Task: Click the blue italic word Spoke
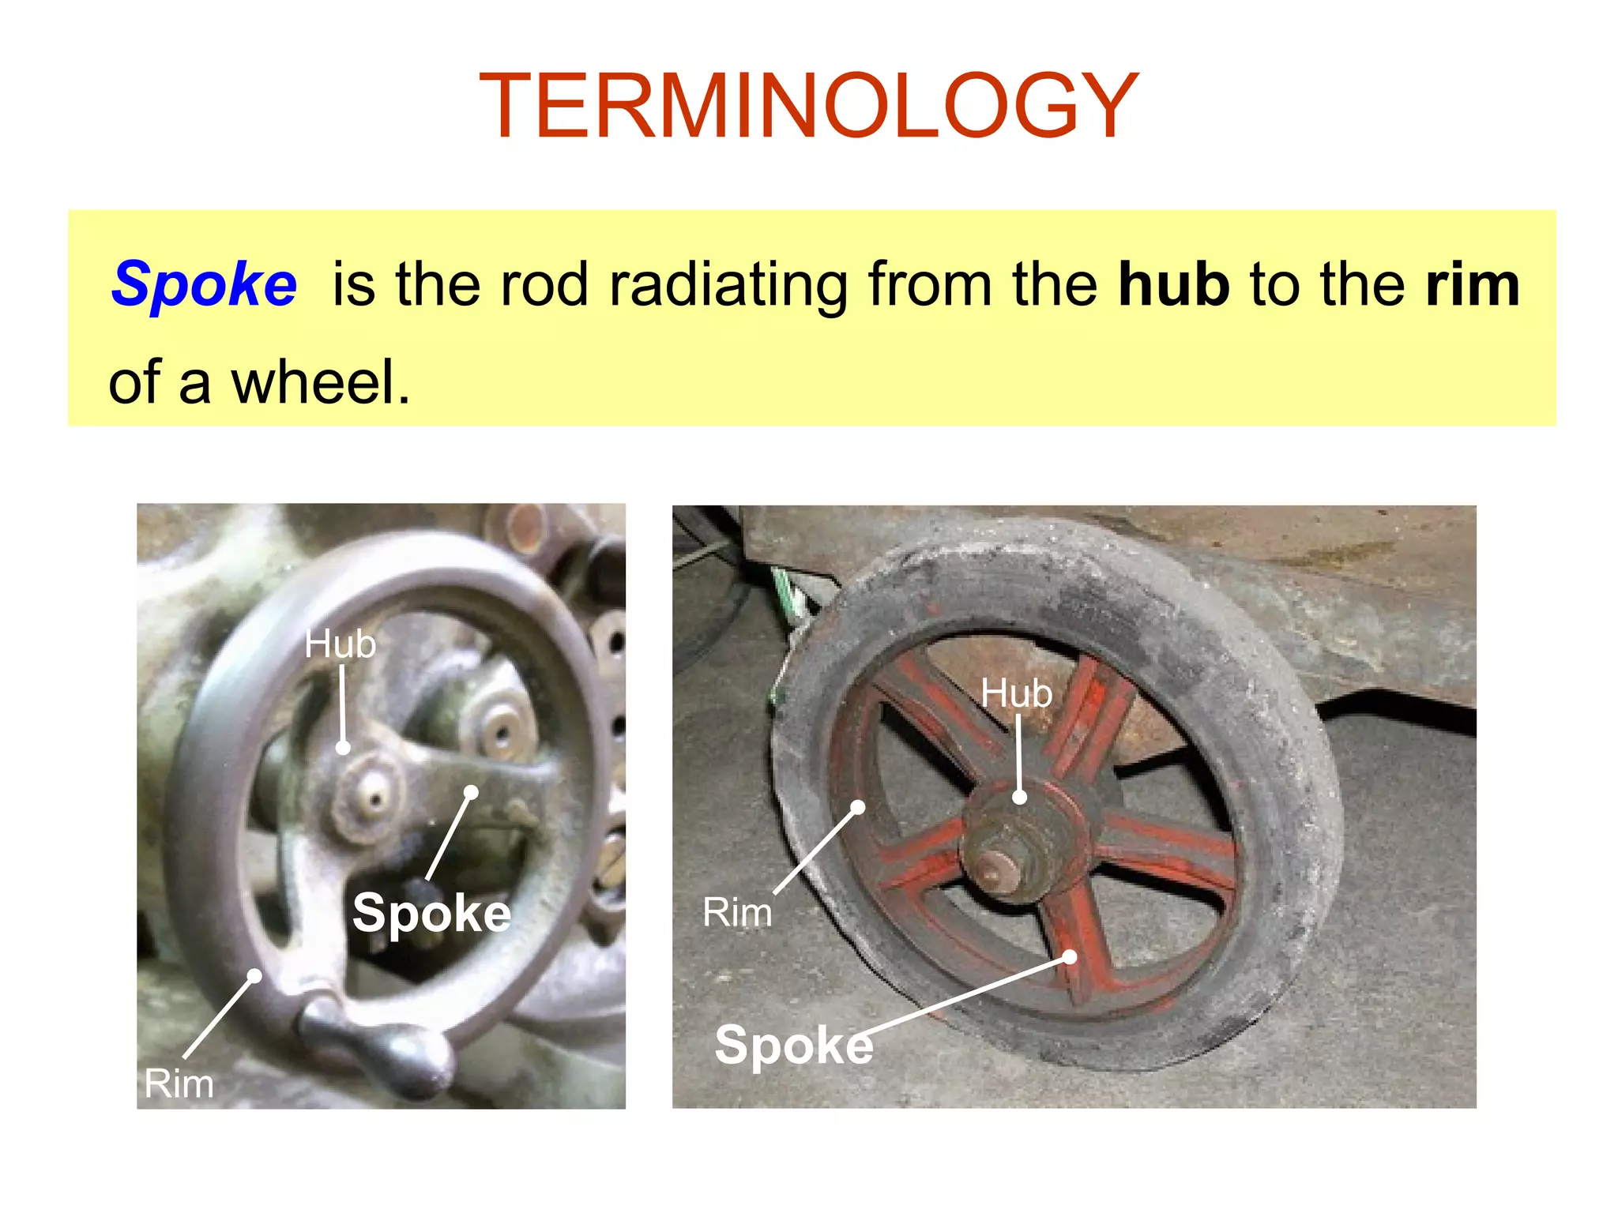(x=204, y=284)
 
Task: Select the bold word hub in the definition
(x=1174, y=284)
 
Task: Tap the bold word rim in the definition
(x=1473, y=284)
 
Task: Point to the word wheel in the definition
(x=319, y=382)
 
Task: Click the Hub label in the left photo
(x=341, y=644)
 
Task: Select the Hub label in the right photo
(x=1016, y=693)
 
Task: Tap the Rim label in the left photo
(x=179, y=1083)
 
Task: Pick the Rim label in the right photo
(x=737, y=912)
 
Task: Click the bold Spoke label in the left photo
(x=431, y=913)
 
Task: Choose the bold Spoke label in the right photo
(x=793, y=1045)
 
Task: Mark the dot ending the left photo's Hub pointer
(x=343, y=747)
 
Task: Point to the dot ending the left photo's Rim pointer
(x=254, y=976)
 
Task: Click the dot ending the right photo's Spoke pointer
(x=1070, y=957)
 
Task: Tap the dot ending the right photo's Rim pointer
(x=858, y=807)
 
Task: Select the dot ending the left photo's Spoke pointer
(x=471, y=791)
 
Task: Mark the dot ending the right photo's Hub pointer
(x=1020, y=797)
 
